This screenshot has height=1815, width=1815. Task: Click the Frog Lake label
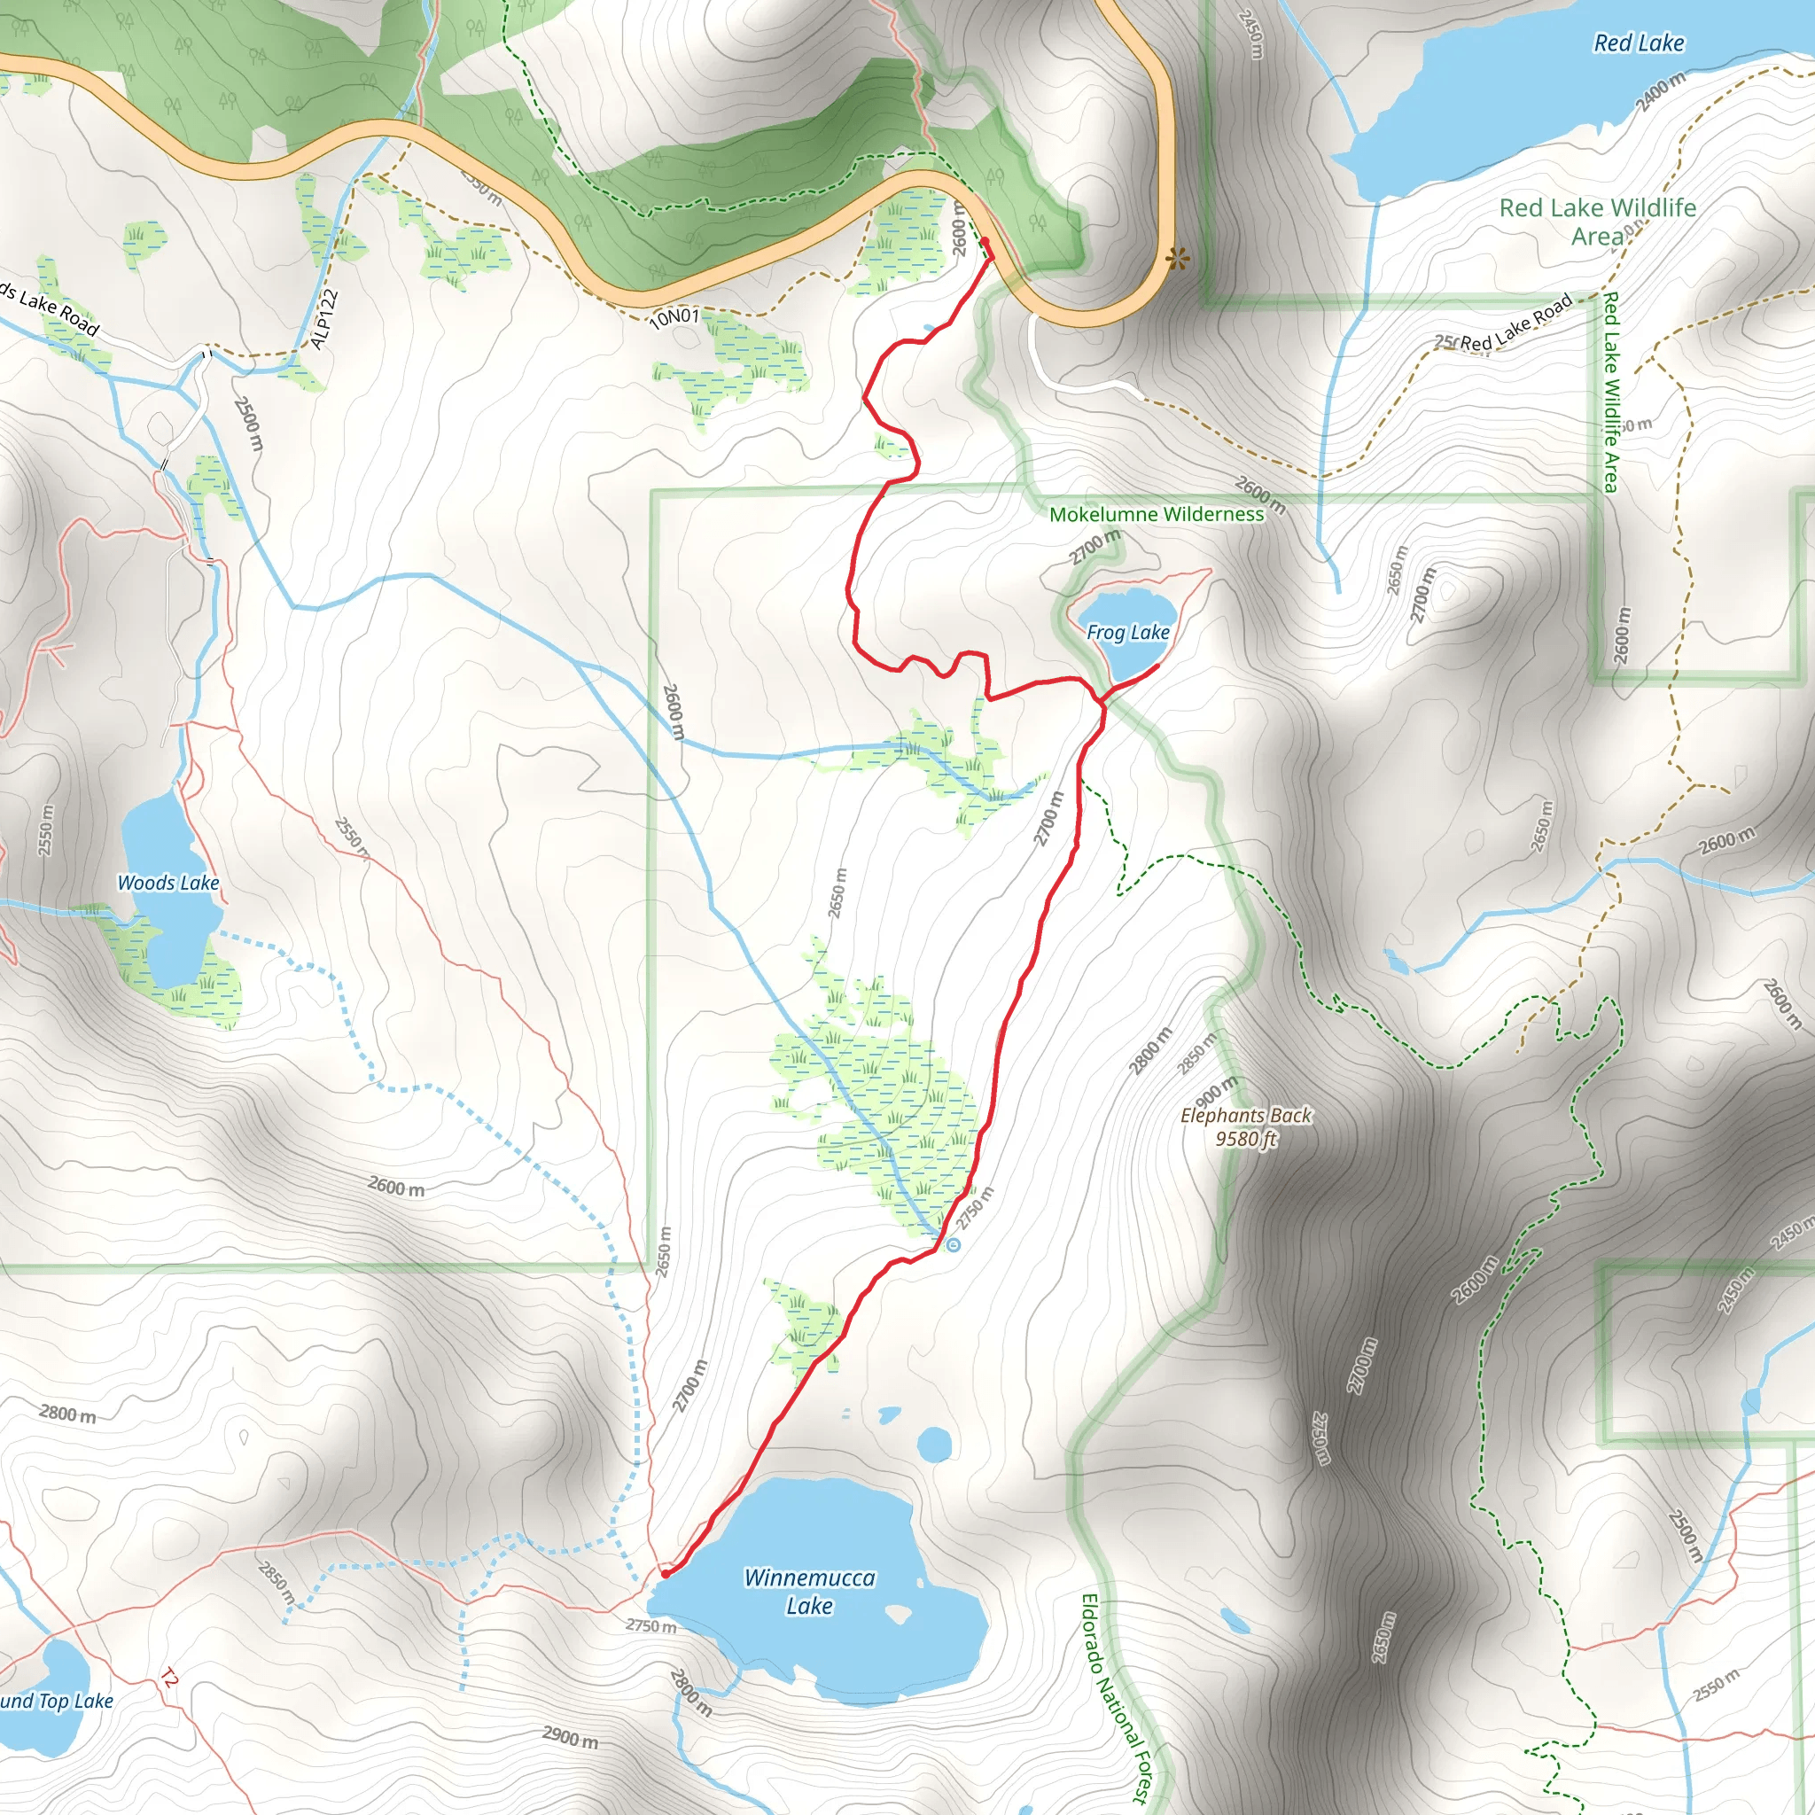coord(1127,632)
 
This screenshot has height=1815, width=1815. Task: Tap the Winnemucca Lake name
coord(809,1592)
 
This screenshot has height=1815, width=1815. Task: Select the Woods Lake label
coord(168,882)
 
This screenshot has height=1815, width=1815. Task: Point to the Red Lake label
coord(1639,43)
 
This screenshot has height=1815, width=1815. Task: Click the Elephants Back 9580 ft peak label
coord(1246,1126)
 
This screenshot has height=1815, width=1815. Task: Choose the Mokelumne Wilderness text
coord(1156,514)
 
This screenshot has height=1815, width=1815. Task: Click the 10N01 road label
coord(674,317)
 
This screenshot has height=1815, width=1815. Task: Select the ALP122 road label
coord(324,319)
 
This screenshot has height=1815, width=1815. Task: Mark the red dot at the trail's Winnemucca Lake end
coord(666,1574)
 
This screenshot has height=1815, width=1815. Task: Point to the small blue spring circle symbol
coord(954,1246)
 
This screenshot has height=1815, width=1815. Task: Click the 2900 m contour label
coord(570,1737)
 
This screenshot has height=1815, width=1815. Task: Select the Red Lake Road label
coord(1515,324)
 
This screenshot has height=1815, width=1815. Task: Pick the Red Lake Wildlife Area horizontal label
coord(1597,221)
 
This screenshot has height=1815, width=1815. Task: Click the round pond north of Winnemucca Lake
coord(934,1445)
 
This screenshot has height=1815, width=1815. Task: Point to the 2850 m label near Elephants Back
coord(1196,1052)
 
